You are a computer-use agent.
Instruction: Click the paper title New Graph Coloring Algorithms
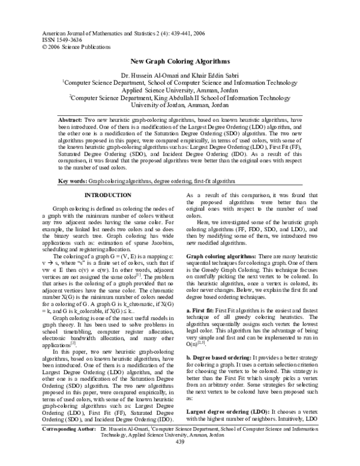(x=179, y=62)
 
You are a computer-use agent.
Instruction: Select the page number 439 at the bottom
(x=179, y=459)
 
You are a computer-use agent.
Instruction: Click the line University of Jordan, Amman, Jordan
(x=179, y=105)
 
